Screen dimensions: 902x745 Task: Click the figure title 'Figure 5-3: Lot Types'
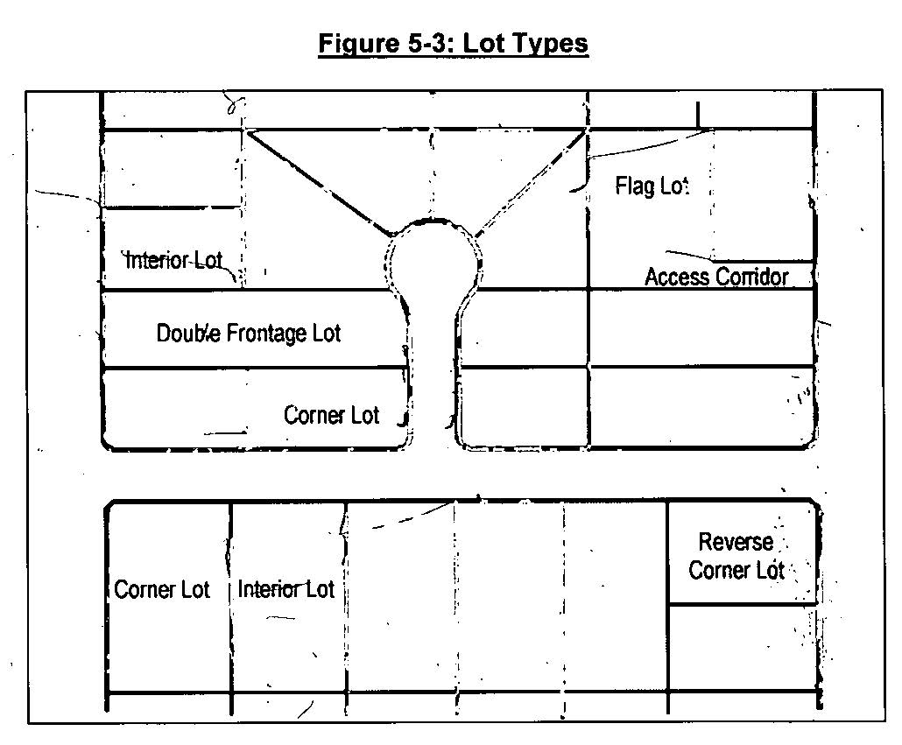point(453,44)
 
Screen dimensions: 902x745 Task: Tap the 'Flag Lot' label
point(652,186)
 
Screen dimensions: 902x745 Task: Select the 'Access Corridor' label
point(716,278)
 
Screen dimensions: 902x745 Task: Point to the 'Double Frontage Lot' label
point(249,334)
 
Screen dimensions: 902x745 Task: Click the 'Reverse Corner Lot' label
point(736,556)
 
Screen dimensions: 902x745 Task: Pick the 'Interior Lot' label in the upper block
point(174,260)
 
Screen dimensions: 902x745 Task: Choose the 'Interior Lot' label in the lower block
point(285,589)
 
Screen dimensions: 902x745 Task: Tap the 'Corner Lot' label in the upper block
point(331,414)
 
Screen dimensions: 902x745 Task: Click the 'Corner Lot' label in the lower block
point(162,589)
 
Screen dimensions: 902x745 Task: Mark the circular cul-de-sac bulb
point(434,257)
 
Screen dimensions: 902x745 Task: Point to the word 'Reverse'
point(736,542)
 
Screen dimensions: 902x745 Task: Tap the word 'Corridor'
point(752,278)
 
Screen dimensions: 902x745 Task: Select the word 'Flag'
point(635,186)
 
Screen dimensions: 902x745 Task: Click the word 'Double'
point(188,334)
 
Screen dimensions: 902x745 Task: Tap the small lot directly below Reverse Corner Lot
point(743,648)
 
